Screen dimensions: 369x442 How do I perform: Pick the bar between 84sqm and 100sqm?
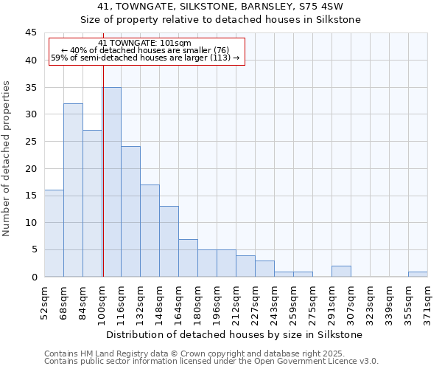(92, 204)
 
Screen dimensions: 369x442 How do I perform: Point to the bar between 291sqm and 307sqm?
(341, 272)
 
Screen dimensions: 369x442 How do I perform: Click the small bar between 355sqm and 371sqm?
(418, 275)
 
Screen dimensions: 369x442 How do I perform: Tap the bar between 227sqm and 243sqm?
(264, 269)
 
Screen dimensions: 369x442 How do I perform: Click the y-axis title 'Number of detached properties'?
(7, 159)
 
